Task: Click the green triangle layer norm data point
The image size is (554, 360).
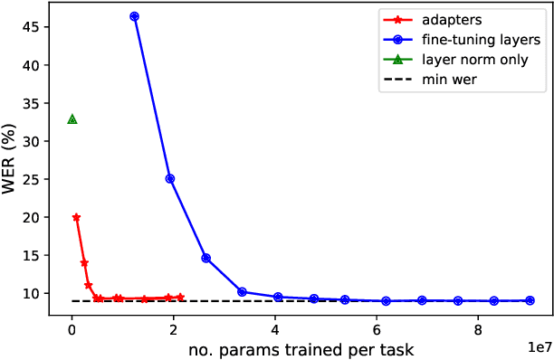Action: [72, 119]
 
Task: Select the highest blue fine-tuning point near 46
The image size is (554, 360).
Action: [135, 16]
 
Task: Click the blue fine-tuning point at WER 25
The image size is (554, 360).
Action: [170, 178]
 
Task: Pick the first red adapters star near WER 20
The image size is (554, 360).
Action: [76, 217]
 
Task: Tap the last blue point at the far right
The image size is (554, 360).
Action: [530, 300]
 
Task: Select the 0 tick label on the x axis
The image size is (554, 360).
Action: [72, 331]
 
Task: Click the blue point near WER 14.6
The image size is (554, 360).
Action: [205, 258]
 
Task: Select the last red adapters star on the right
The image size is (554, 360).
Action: [180, 297]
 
